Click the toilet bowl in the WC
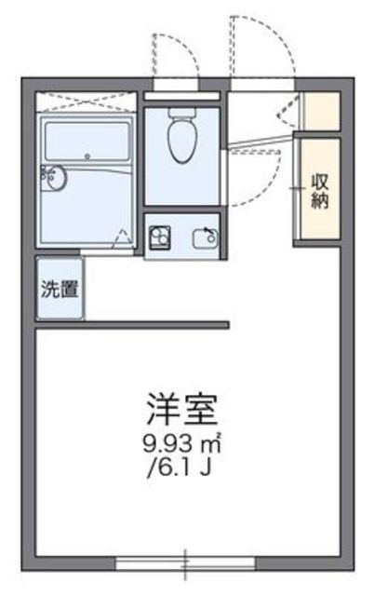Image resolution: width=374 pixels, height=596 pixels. point(182,141)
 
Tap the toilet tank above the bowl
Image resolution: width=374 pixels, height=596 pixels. point(182,113)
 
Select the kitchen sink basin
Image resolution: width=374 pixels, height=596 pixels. point(206,239)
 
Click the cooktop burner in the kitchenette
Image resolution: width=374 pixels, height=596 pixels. point(159,237)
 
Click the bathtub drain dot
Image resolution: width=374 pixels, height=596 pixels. point(87,156)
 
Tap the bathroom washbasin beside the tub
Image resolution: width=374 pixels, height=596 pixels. point(54,178)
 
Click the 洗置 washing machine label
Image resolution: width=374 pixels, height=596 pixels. point(60,289)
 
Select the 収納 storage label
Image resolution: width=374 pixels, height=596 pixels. point(320,192)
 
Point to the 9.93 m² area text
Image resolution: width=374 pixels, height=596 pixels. point(181,443)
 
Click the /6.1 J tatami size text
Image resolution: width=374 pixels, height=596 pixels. point(180,467)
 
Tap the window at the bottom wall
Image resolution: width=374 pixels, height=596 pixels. point(185,563)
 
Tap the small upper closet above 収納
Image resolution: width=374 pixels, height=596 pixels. point(322,111)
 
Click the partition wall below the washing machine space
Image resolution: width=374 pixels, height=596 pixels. point(132,325)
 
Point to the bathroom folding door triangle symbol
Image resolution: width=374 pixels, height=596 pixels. point(121,238)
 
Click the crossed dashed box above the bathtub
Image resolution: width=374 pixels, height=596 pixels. point(86,102)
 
